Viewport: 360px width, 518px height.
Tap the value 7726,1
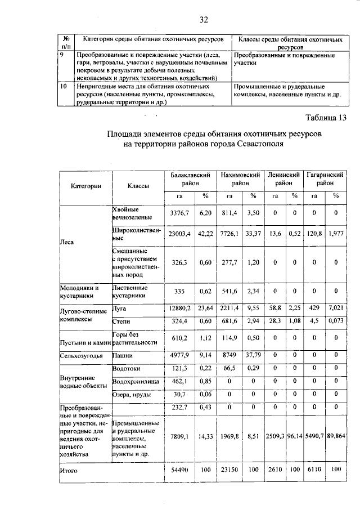[228, 234]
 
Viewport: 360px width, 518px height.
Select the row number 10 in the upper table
[64, 86]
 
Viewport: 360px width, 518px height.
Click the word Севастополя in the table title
[254, 144]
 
